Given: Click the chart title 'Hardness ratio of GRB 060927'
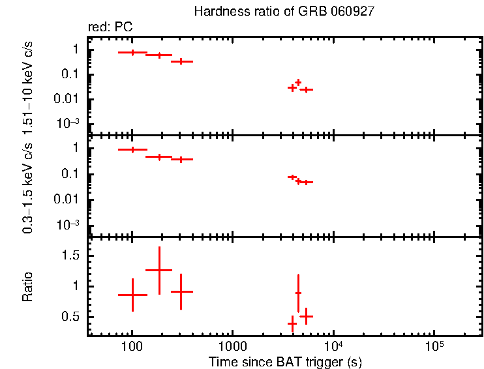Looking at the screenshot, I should point(284,12).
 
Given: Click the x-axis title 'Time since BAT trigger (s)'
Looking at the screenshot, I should point(285,361).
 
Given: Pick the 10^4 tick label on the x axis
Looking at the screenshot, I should point(333,346).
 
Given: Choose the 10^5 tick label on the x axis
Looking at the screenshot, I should point(434,346).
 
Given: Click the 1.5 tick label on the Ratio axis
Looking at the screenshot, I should point(70,256).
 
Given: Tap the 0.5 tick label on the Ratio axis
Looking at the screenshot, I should point(70,317).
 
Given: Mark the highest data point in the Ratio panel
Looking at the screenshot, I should point(159,270).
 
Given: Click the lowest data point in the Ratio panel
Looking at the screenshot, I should point(292,323).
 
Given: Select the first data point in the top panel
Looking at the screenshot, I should point(132,52).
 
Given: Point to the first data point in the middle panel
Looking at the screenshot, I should point(132,149).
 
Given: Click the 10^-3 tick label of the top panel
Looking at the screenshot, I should point(70,123).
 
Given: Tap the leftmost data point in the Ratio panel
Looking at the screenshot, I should point(132,295).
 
